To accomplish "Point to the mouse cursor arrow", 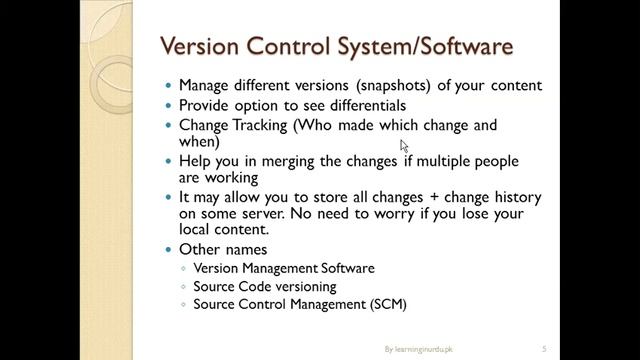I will coord(403,145).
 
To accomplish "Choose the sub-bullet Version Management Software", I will coord(284,268).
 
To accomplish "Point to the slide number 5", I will coord(543,349).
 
